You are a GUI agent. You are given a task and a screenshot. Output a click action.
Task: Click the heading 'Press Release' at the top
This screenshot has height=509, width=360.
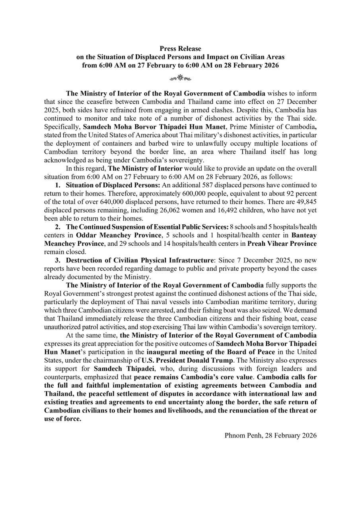click(x=180, y=49)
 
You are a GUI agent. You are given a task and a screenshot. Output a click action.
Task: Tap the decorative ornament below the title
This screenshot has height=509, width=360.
click(x=180, y=78)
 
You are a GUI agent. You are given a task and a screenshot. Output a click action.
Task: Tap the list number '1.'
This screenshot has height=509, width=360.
click(x=58, y=185)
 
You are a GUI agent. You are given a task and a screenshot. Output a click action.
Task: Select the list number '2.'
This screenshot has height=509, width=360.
click(x=58, y=227)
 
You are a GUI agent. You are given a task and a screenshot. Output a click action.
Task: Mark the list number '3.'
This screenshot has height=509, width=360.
click(x=58, y=260)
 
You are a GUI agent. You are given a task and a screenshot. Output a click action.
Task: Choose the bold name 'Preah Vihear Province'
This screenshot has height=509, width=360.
click(x=282, y=244)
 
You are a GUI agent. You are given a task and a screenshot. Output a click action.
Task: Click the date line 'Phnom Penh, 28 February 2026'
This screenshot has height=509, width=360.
click(x=270, y=435)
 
